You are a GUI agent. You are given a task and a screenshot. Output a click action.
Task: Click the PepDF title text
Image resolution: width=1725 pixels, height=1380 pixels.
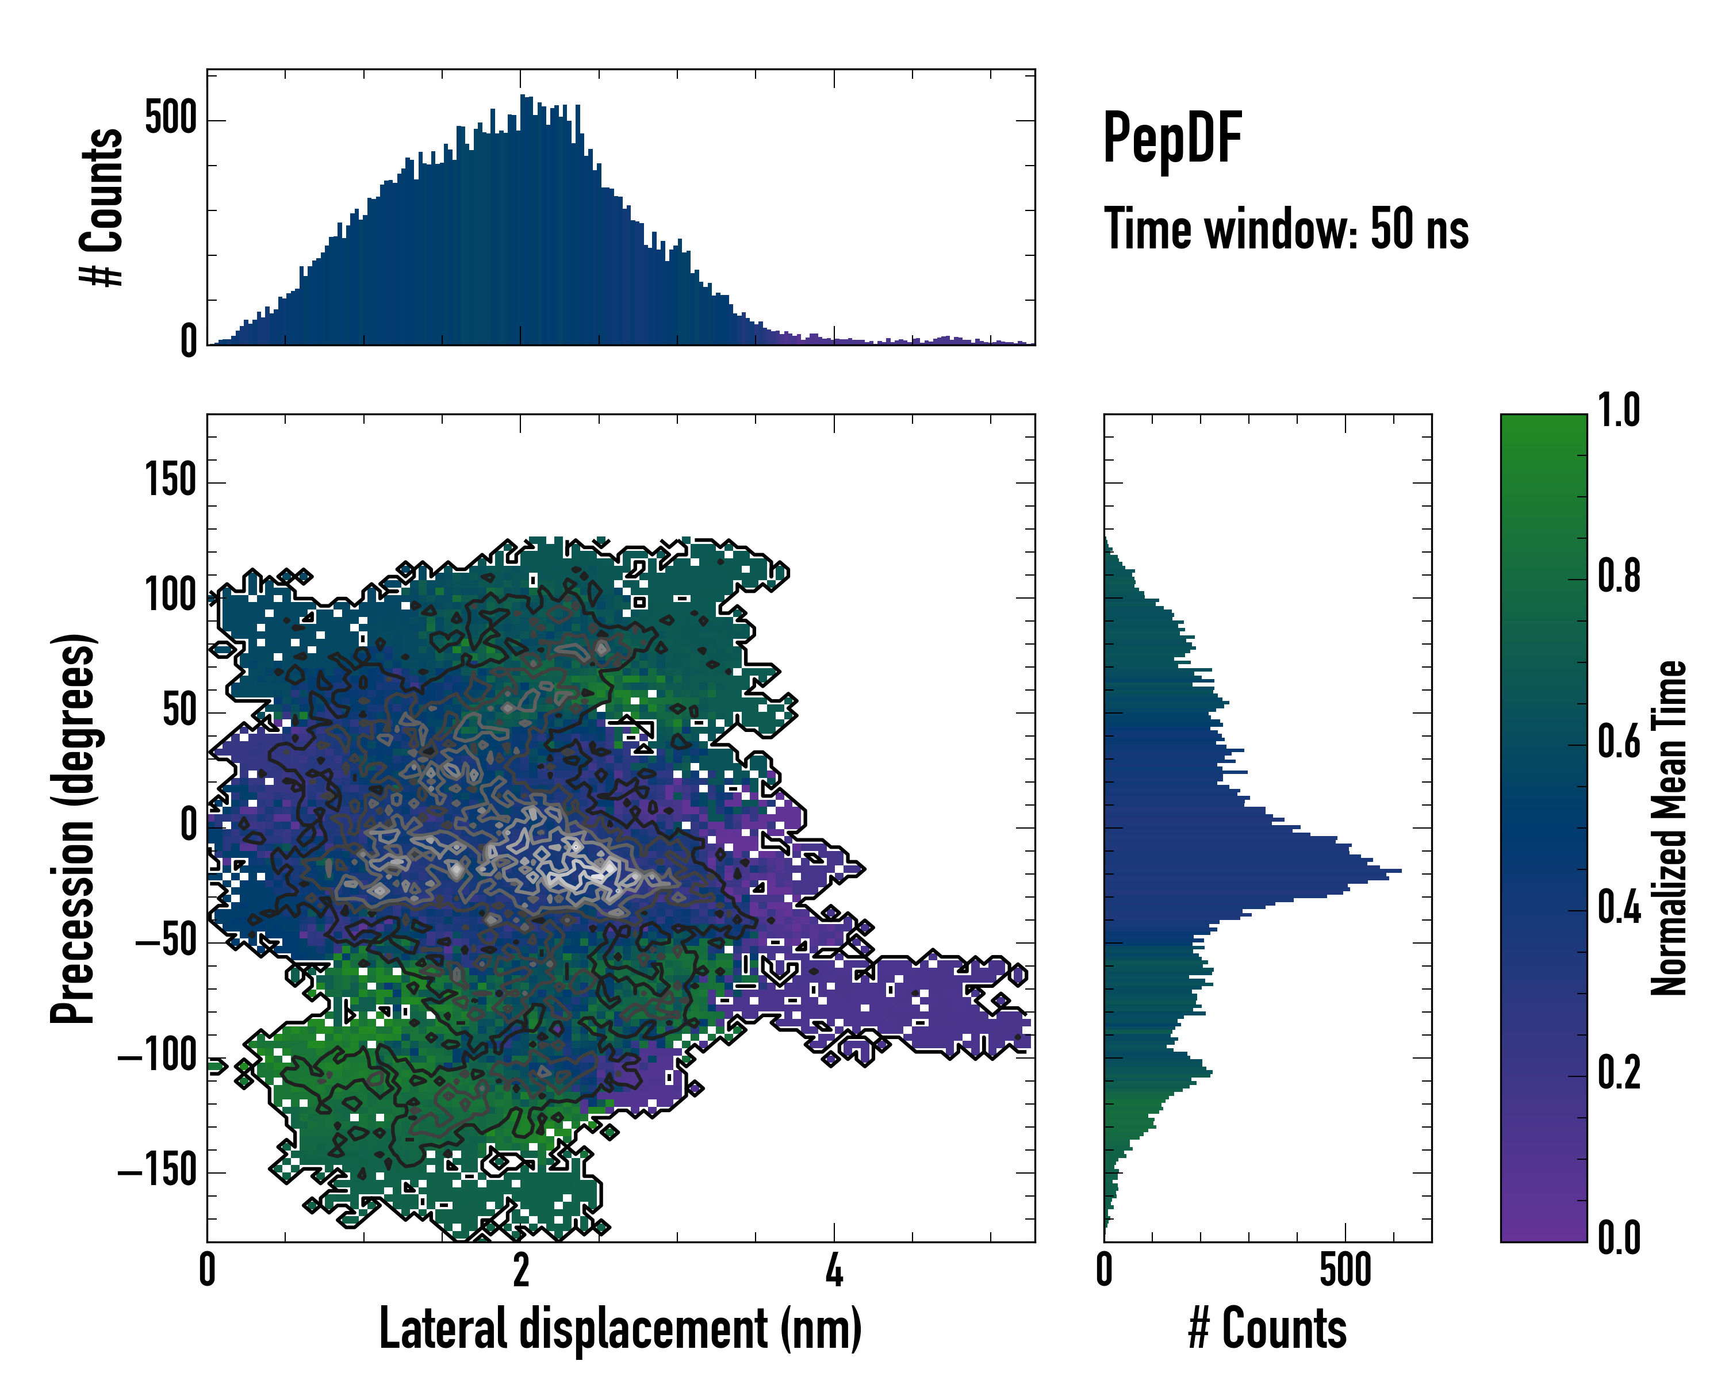1172,139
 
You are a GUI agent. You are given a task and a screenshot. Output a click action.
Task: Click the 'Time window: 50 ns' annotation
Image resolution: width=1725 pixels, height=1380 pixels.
1286,229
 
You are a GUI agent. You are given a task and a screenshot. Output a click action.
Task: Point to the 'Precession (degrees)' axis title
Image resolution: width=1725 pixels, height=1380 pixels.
74,828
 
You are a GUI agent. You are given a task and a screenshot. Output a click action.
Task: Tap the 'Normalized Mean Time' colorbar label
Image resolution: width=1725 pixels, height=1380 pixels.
1669,828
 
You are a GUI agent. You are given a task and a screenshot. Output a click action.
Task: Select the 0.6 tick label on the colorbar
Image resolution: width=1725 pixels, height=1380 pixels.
1619,742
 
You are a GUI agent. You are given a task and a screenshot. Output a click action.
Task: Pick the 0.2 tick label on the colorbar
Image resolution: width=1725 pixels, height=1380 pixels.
1619,1073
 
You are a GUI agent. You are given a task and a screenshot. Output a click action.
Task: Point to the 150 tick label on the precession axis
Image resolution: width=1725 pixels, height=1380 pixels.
170,482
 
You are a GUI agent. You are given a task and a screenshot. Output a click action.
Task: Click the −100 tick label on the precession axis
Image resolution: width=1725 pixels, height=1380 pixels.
157,1056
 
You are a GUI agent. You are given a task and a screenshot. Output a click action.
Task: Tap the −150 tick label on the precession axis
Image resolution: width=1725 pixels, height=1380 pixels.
157,1171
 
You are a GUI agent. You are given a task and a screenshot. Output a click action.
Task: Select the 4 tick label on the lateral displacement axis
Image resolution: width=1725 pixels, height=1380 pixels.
834,1270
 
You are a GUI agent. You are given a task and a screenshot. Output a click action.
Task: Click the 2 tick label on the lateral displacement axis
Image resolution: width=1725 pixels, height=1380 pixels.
521,1270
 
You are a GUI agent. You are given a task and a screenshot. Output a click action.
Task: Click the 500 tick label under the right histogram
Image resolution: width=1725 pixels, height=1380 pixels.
1345,1270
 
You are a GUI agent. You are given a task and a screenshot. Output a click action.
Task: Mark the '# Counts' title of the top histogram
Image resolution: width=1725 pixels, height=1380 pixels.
102,207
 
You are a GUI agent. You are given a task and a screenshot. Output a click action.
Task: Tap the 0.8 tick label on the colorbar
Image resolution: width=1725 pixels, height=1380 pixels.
1619,576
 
